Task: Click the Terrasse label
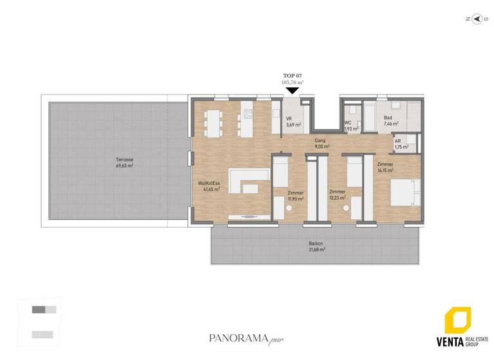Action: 124,159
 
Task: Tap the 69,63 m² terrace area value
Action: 124,165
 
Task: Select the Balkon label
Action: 316,244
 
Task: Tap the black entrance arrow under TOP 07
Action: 292,91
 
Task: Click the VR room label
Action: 289,119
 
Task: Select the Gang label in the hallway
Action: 319,140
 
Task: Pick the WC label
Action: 347,122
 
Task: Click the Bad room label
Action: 388,118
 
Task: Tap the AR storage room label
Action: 398,141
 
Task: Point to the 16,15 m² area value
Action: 385,171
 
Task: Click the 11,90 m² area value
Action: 296,199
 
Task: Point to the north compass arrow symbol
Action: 477,19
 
